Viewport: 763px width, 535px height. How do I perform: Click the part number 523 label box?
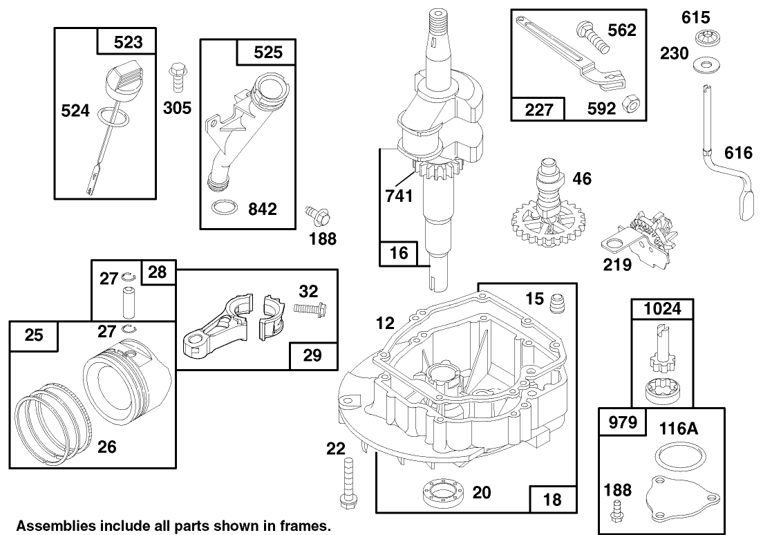pos(127,41)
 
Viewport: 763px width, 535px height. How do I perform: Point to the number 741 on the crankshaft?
pos(399,196)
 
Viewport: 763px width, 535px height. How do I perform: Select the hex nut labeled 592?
pos(630,104)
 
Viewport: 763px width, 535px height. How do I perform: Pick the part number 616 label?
pos(738,153)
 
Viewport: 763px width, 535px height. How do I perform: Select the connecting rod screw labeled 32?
pos(310,308)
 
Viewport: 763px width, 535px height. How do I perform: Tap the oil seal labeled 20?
pos(443,491)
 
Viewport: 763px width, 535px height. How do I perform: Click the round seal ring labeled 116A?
pos(678,457)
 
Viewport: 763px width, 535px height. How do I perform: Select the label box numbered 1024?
pos(662,309)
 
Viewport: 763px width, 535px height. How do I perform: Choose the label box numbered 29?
pos(313,355)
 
